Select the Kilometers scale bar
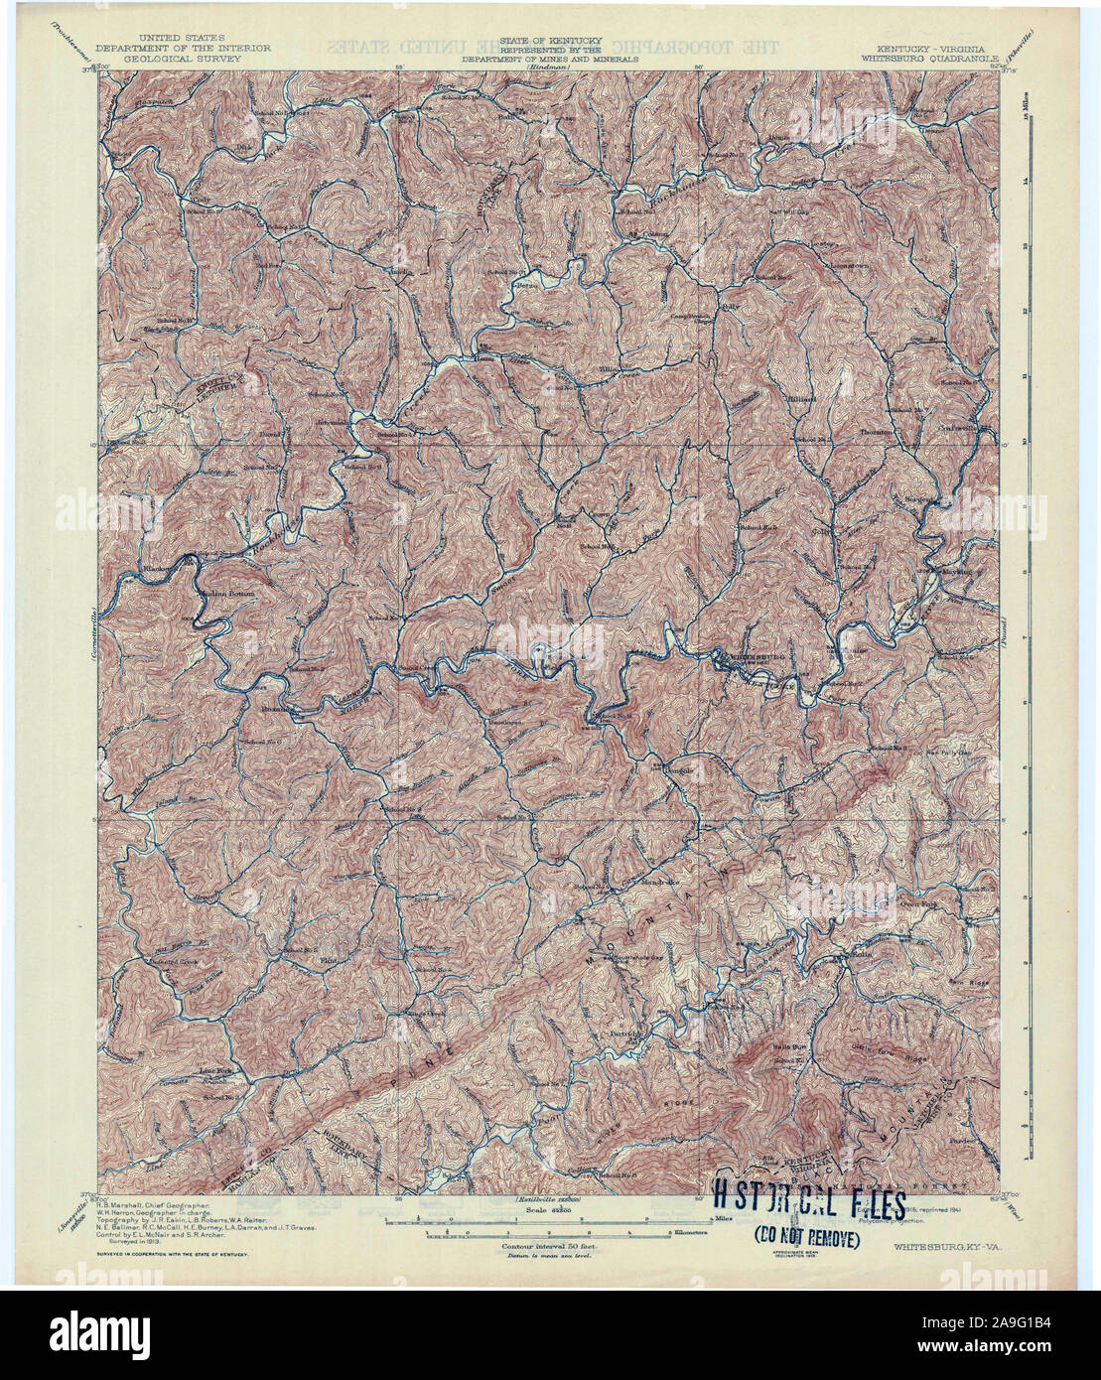click(551, 1232)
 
